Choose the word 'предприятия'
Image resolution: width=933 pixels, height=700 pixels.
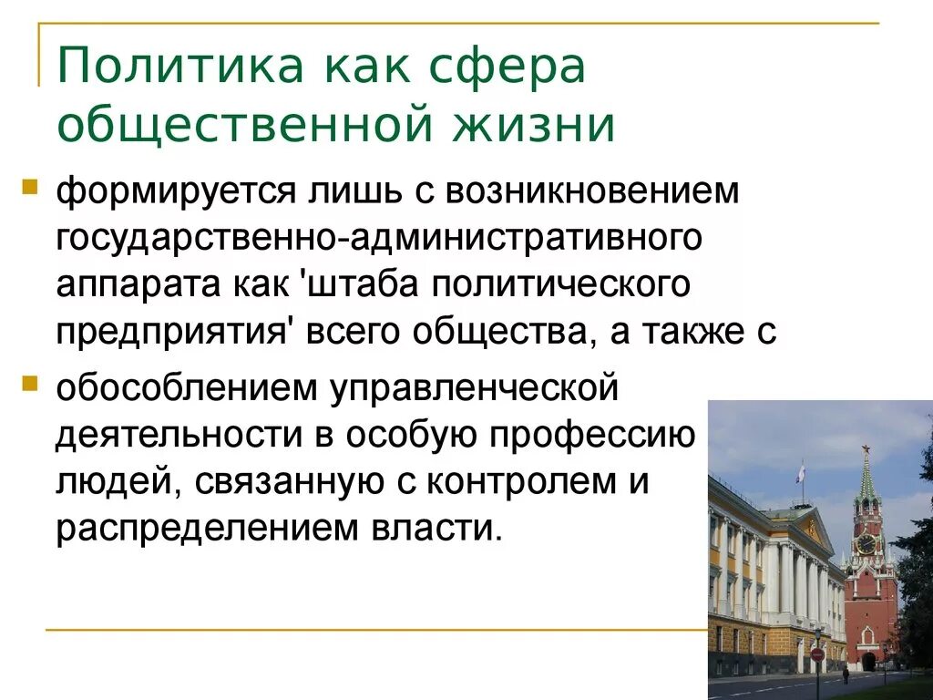click(x=173, y=332)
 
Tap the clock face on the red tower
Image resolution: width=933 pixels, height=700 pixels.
click(x=866, y=543)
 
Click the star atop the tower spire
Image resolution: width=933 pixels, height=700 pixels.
click(x=866, y=449)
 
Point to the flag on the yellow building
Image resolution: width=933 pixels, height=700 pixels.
click(x=800, y=472)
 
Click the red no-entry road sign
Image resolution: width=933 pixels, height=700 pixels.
click(x=817, y=654)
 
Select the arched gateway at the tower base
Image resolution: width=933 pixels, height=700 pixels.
click(x=869, y=661)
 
